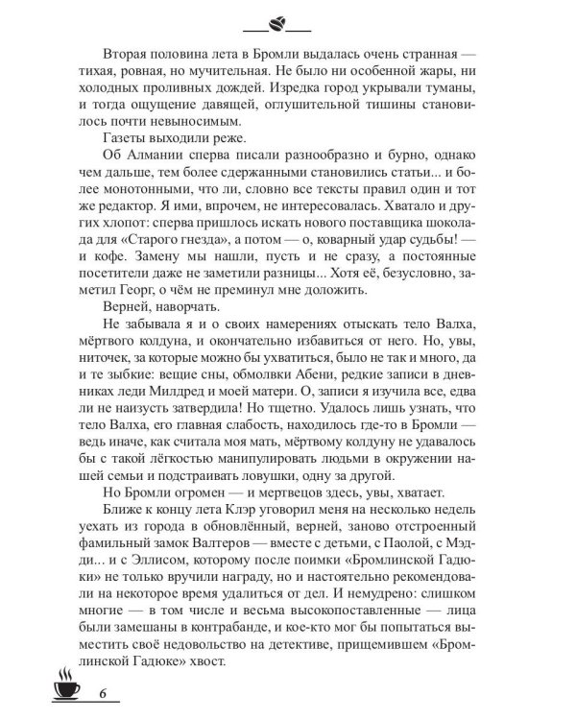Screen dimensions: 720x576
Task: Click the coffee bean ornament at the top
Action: [287, 22]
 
